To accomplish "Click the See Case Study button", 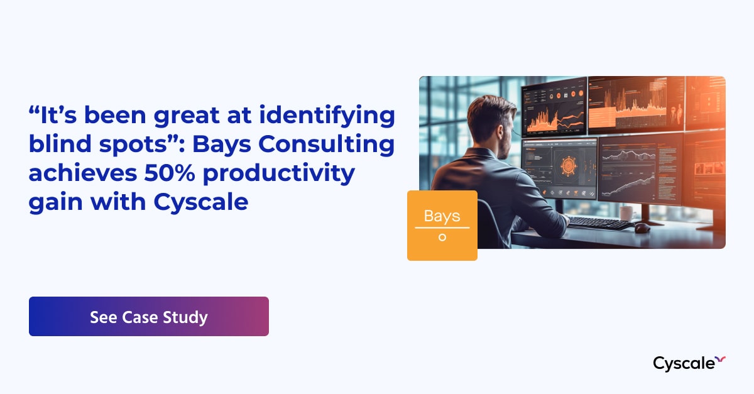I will click(148, 317).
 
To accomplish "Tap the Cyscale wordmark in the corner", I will click(684, 363).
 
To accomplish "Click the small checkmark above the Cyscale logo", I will click(721, 359).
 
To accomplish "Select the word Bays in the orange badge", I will click(442, 216).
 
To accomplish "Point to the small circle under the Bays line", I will click(442, 238).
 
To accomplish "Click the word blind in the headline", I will click(59, 145).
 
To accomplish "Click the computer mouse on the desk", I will click(642, 228).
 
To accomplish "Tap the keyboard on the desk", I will click(600, 222).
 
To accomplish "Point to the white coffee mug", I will click(626, 212).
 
